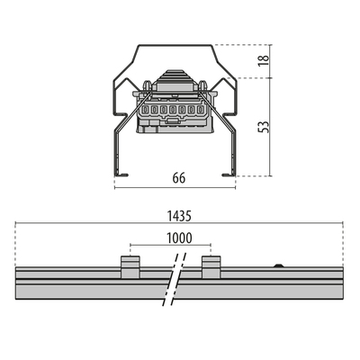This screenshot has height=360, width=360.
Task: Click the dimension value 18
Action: [x=264, y=61]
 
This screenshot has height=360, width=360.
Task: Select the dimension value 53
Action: [x=264, y=126]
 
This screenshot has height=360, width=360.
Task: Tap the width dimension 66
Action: [x=179, y=178]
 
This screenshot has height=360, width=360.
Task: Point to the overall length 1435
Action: [x=179, y=216]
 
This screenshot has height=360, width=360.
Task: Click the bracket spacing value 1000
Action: [x=179, y=238]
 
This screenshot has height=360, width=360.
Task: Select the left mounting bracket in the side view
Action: [x=130, y=267]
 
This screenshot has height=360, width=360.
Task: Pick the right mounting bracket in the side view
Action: [x=211, y=267]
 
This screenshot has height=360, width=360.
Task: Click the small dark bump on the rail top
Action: [x=279, y=265]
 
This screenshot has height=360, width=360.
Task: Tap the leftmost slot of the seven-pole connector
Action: [x=145, y=110]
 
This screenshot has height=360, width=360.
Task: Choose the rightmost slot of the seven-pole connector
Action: [x=200, y=110]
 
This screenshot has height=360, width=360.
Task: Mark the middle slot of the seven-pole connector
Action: [x=173, y=110]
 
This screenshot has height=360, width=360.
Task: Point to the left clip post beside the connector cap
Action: [x=147, y=85]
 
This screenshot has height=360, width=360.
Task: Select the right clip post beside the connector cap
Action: [x=202, y=85]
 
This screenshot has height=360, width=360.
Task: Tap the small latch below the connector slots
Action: [x=172, y=121]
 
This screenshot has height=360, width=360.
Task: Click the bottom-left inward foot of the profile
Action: [x=121, y=175]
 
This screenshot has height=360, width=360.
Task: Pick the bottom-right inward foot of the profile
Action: [x=229, y=175]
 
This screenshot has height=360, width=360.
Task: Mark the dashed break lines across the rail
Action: [x=175, y=280]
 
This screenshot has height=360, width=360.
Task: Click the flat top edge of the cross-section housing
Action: [x=175, y=45]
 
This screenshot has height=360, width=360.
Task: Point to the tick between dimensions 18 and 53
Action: [x=271, y=78]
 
